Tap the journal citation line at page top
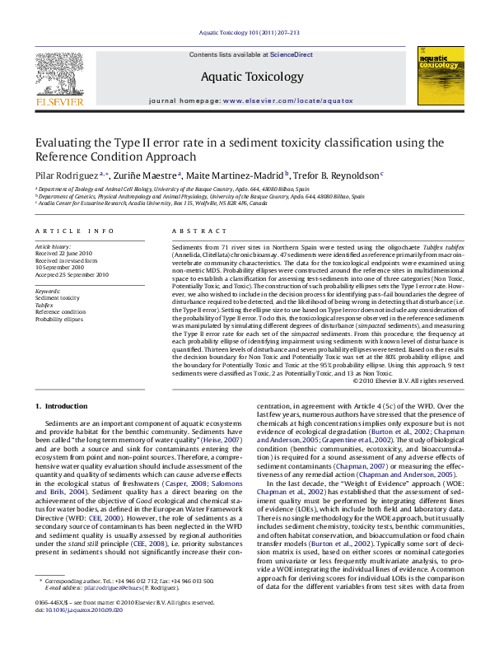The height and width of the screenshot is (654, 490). pos(245,33)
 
